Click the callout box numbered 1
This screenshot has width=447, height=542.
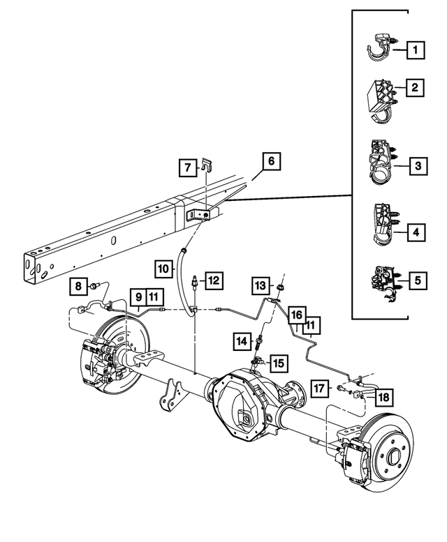tap(416, 50)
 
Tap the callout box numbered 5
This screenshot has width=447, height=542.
tap(417, 281)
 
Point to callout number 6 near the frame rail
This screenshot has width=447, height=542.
tap(271, 162)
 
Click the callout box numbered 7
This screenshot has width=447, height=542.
tap(186, 167)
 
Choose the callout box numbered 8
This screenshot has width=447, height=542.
tap(78, 285)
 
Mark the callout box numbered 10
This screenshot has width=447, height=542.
tap(162, 268)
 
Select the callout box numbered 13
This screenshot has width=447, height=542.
tap(261, 285)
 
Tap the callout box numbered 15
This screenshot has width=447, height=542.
tap(279, 363)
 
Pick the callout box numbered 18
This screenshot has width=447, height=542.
tap(383, 397)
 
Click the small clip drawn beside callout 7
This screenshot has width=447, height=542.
tap(205, 167)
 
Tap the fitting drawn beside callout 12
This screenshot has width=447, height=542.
tap(193, 282)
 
